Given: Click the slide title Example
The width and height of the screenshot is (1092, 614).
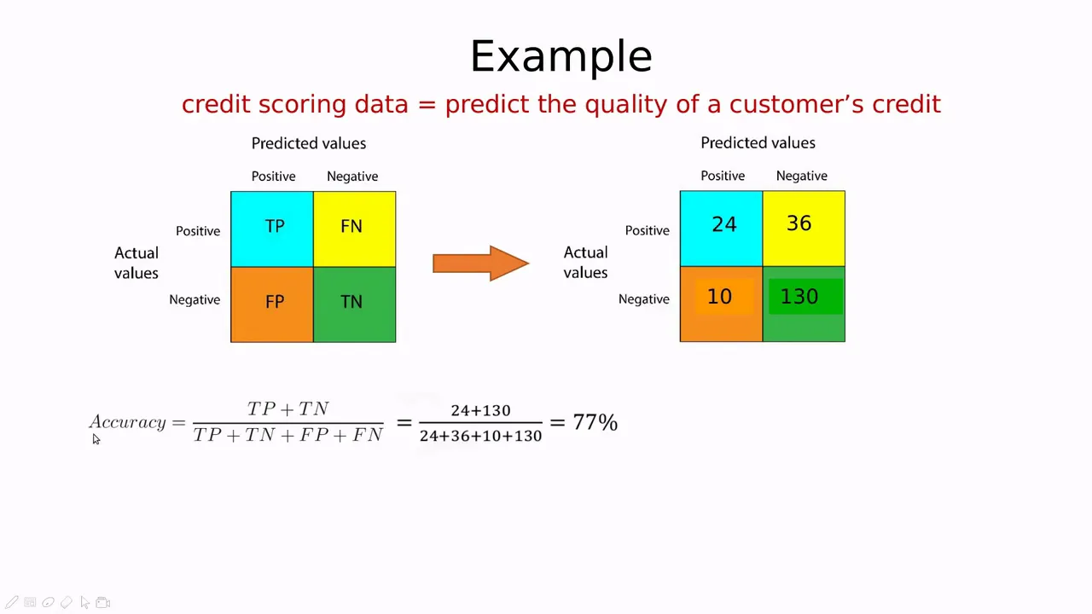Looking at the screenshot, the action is click(561, 57).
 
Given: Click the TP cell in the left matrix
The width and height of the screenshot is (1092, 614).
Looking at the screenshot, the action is click(272, 229).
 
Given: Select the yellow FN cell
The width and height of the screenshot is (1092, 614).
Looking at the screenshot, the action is click(354, 229).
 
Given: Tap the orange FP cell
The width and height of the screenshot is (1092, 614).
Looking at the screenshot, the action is click(272, 304).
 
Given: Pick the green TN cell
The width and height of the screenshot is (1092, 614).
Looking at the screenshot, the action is click(354, 304).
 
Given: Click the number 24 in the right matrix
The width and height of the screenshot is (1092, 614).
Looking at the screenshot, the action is click(724, 224).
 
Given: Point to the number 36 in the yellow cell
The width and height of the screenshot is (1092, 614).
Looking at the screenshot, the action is click(799, 223).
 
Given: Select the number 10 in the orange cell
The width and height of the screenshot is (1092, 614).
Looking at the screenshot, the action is click(719, 296).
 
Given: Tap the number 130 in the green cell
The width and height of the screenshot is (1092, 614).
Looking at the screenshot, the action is click(799, 296).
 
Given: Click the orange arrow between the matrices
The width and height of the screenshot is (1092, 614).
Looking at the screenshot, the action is click(480, 264).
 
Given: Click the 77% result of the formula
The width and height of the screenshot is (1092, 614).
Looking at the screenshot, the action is click(595, 422).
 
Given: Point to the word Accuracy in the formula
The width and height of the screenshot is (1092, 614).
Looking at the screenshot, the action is click(128, 422).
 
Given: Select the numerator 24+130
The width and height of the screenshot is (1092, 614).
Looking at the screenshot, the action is click(480, 410).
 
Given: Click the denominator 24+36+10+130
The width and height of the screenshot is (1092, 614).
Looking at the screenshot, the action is click(480, 436).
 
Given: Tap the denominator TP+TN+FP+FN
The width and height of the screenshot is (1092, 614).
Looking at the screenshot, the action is click(288, 435).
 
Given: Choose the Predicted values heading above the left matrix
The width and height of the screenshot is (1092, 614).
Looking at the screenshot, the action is click(309, 143).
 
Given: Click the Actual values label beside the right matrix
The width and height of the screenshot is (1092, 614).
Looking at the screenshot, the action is click(585, 262).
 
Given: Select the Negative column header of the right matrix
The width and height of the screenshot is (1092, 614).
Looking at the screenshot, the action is click(801, 176).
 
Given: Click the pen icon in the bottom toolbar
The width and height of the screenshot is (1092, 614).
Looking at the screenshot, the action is click(12, 602).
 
